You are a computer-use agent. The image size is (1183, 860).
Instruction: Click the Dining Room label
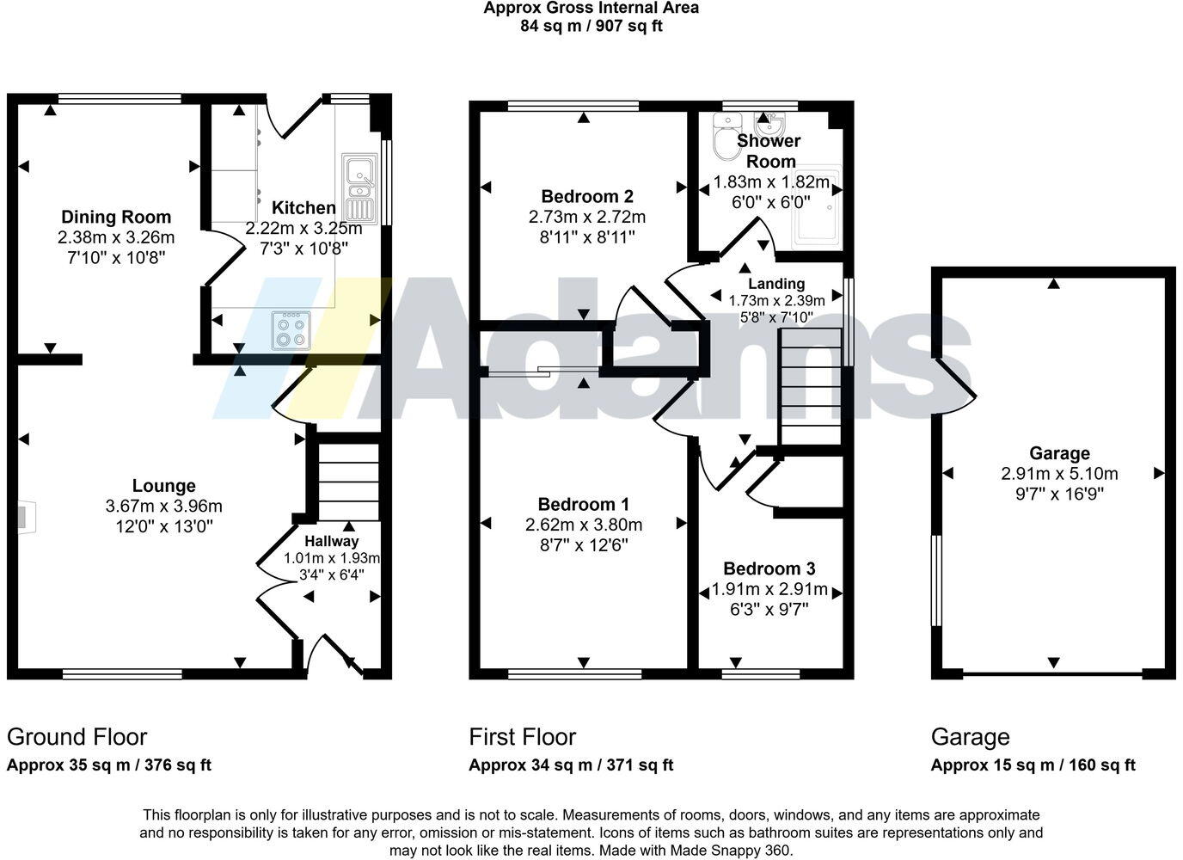tap(115, 217)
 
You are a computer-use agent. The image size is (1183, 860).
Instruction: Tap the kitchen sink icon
tap(359, 187)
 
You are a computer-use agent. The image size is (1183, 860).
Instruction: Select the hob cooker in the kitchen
tap(291, 330)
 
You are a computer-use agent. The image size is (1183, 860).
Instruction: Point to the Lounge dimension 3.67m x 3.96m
tap(163, 506)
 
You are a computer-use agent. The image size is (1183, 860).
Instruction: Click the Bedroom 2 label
tap(586, 196)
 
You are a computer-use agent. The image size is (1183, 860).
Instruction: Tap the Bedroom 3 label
tap(769, 568)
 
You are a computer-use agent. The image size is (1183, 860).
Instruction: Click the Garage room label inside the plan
tap(1059, 453)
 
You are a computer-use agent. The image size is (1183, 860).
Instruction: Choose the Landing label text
tap(775, 284)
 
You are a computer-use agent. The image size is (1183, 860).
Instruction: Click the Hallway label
tap(331, 541)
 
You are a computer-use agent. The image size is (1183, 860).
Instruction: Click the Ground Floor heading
tap(77, 737)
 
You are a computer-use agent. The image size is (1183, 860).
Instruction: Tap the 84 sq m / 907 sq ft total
tap(591, 26)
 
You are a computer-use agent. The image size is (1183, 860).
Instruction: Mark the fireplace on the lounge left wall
tap(24, 517)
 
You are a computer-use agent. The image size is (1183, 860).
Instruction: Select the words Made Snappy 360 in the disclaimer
tap(739, 850)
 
